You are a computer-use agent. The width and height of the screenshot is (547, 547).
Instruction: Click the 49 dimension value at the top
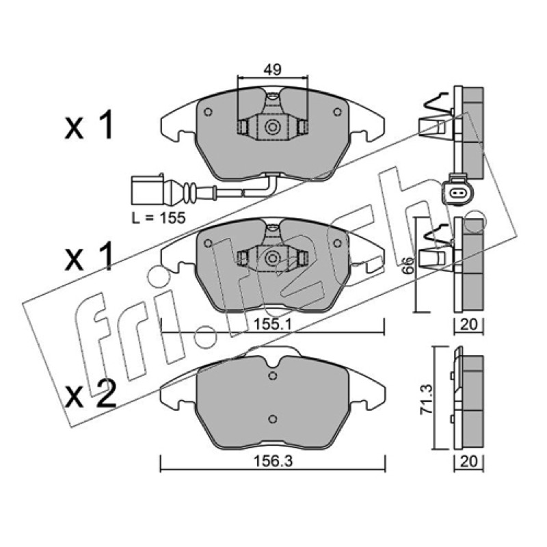coord(272,70)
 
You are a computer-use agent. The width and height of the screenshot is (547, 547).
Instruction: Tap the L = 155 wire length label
coord(159,218)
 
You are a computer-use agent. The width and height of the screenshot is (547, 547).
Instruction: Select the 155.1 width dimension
coord(271,325)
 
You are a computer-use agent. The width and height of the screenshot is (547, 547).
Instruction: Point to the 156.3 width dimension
coord(273,461)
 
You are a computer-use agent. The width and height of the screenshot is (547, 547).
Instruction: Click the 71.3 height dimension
coord(427,399)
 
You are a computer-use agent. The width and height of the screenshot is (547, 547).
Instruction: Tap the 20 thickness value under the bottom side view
coord(468,462)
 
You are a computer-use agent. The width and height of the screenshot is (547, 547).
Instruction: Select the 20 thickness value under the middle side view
coord(468,325)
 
